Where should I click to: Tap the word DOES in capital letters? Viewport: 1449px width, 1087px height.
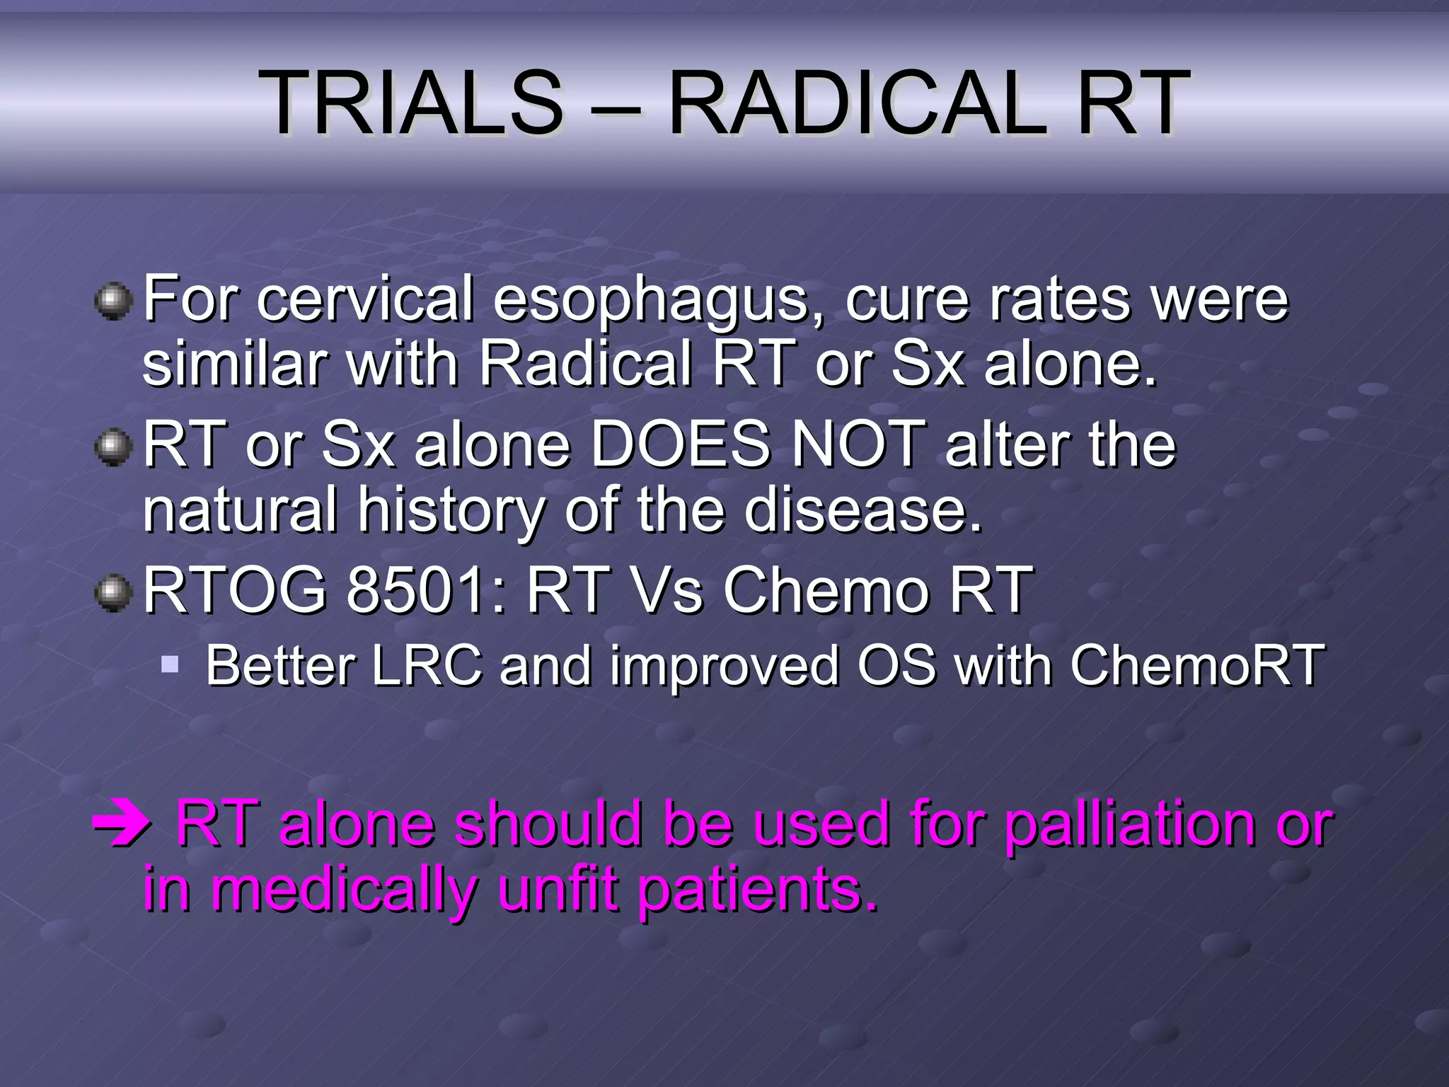click(x=680, y=444)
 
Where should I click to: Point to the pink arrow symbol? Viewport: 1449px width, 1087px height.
click(x=121, y=825)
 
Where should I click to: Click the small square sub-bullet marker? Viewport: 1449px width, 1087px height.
click(x=170, y=664)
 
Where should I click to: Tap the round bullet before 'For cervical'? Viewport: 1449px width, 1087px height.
click(x=113, y=303)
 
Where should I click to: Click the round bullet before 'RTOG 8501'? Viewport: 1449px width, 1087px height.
click(x=113, y=593)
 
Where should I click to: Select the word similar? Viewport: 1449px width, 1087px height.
click(x=234, y=364)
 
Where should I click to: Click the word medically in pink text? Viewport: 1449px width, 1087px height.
click(x=344, y=890)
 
